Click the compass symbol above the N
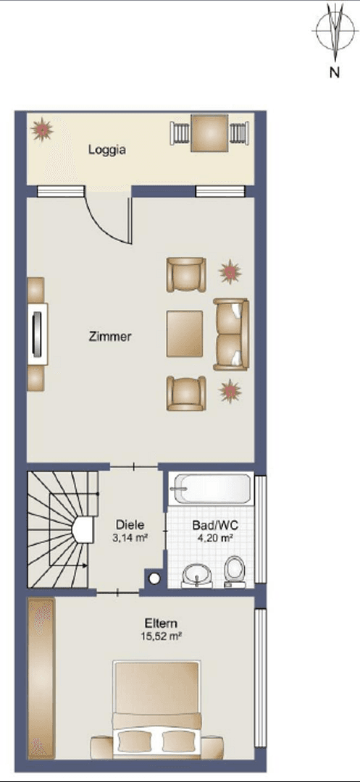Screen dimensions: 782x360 (x=332, y=30)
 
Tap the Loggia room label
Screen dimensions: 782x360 (x=107, y=151)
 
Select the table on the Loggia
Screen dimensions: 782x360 (x=209, y=134)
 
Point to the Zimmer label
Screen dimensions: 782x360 (x=109, y=337)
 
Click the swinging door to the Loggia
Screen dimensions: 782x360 (x=109, y=217)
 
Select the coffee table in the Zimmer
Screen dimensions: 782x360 (x=185, y=333)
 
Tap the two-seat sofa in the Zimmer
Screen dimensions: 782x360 (x=231, y=334)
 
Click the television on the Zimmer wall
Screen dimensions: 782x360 (x=38, y=333)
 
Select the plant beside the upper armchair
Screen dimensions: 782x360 (x=231, y=272)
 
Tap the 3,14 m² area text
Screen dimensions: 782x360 (x=131, y=538)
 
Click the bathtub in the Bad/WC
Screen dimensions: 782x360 (x=211, y=490)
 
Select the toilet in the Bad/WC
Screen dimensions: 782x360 (x=234, y=570)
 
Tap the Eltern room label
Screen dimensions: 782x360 (x=161, y=623)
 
